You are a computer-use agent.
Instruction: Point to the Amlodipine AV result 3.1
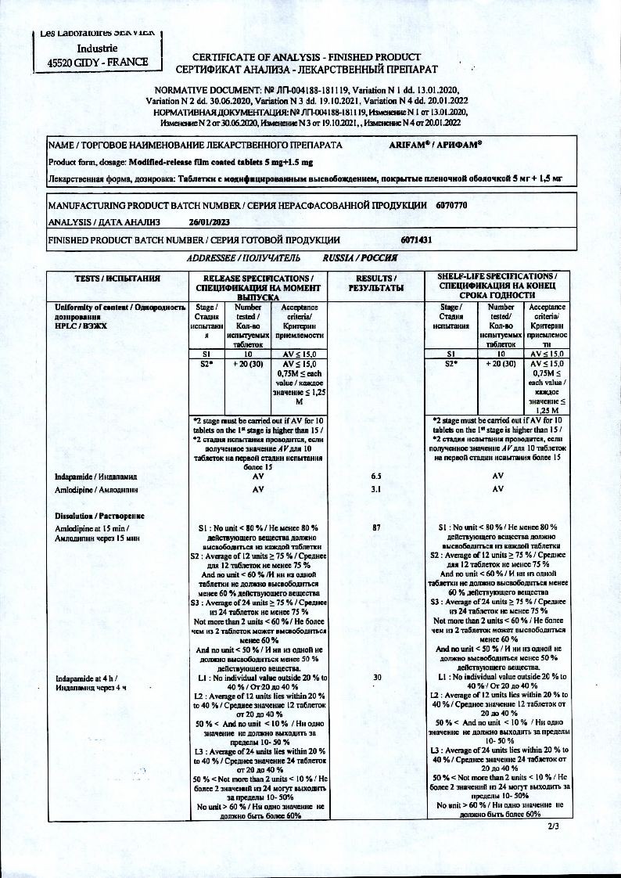[377, 490]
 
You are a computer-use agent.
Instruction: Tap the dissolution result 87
[377, 528]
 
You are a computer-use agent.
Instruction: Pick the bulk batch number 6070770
[450, 205]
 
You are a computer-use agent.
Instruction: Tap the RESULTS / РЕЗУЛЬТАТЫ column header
[379, 282]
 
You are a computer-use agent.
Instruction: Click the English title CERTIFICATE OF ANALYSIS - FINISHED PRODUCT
[307, 57]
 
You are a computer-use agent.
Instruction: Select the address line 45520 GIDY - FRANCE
[98, 62]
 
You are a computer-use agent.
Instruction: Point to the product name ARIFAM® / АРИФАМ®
[436, 146]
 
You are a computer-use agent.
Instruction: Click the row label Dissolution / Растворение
[99, 516]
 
